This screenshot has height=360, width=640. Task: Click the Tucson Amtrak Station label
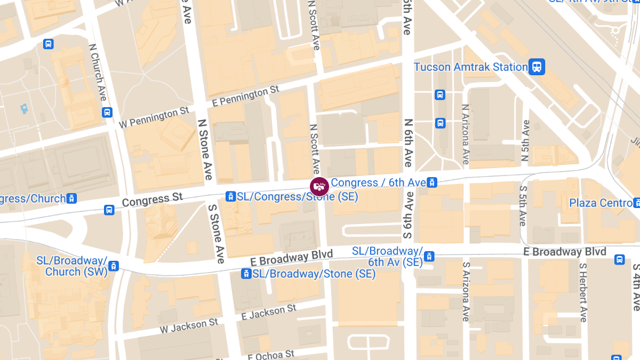471,67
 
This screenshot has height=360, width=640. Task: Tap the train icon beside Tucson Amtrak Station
537,67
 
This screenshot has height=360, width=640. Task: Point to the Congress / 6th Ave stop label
378,183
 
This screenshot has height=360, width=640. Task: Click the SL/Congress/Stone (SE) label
297,197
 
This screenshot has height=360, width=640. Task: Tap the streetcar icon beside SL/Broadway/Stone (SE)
246,274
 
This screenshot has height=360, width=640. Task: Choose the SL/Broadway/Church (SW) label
71,266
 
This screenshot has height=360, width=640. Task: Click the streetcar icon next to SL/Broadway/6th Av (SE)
429,257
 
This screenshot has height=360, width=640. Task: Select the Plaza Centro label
600,203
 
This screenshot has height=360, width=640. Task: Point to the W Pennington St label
154,117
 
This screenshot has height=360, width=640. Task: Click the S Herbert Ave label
582,292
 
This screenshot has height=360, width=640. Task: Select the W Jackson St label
189,326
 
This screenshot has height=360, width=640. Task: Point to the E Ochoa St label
271,355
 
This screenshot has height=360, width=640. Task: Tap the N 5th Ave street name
525,141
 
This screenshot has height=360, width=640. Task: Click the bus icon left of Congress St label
109,210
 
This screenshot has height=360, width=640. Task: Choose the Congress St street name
153,200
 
